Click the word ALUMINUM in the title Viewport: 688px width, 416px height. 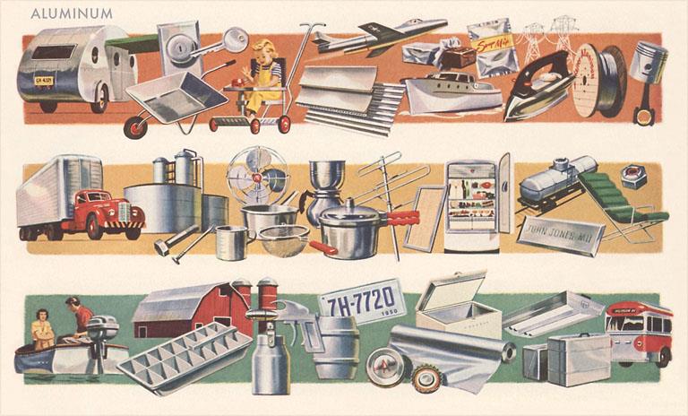pyautogui.click(x=72, y=13)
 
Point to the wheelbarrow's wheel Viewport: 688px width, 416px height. pyautogui.click(x=136, y=125)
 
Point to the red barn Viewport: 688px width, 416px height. pyautogui.click(x=193, y=309)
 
